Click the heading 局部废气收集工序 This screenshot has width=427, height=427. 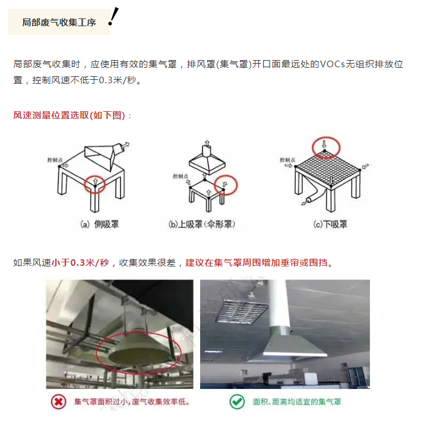point(59,23)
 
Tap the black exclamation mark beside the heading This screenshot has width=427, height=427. point(113,17)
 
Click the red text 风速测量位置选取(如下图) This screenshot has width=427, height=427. point(69,115)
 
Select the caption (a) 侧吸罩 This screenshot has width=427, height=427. point(99,224)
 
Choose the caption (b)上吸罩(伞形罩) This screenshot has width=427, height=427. point(202,224)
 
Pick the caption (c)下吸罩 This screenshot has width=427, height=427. point(330,224)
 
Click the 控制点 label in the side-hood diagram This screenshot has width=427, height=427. point(55,160)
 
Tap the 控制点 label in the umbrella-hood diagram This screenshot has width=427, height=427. point(181,176)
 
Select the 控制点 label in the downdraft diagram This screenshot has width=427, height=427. point(287,160)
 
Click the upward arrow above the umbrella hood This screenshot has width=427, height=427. point(207,143)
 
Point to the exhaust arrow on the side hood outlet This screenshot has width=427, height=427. point(125,145)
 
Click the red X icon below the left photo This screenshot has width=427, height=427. point(59,401)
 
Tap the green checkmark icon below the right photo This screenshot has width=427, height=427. point(237,401)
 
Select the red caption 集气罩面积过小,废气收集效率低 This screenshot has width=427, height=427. point(132,401)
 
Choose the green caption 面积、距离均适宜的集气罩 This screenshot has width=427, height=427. point(297,401)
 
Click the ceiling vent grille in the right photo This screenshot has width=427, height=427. point(241,312)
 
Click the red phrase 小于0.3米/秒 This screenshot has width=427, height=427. point(80,263)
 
